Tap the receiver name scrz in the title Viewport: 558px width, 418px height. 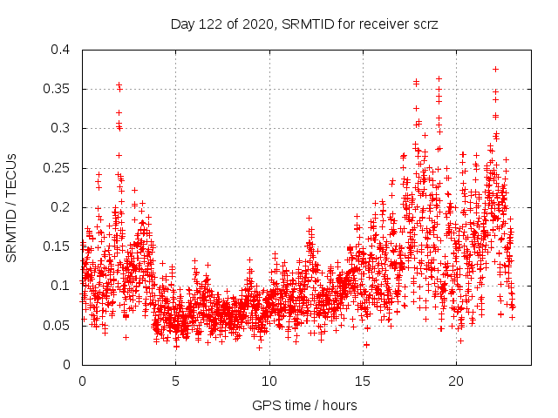tap(422, 26)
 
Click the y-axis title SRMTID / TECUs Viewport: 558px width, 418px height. tap(12, 207)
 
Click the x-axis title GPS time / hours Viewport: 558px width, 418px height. tap(306, 405)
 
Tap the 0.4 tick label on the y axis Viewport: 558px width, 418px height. tap(60, 50)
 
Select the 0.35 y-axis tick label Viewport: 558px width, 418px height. tap(57, 89)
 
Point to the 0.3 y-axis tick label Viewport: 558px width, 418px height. tap(60, 128)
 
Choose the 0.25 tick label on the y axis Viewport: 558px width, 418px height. tap(57, 168)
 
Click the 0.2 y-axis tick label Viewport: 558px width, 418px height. tap(60, 207)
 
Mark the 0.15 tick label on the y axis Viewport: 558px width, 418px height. tap(57, 246)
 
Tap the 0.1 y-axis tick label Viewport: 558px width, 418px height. tap(60, 286)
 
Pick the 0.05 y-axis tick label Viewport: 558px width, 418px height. tap(57, 326)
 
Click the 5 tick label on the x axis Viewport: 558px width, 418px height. tap(175, 381)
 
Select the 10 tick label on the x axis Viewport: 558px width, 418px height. tap(269, 381)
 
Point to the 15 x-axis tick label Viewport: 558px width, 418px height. tap(363, 381)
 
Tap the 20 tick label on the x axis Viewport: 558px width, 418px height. tap(456, 381)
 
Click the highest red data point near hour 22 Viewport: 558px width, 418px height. tap(495, 69)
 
